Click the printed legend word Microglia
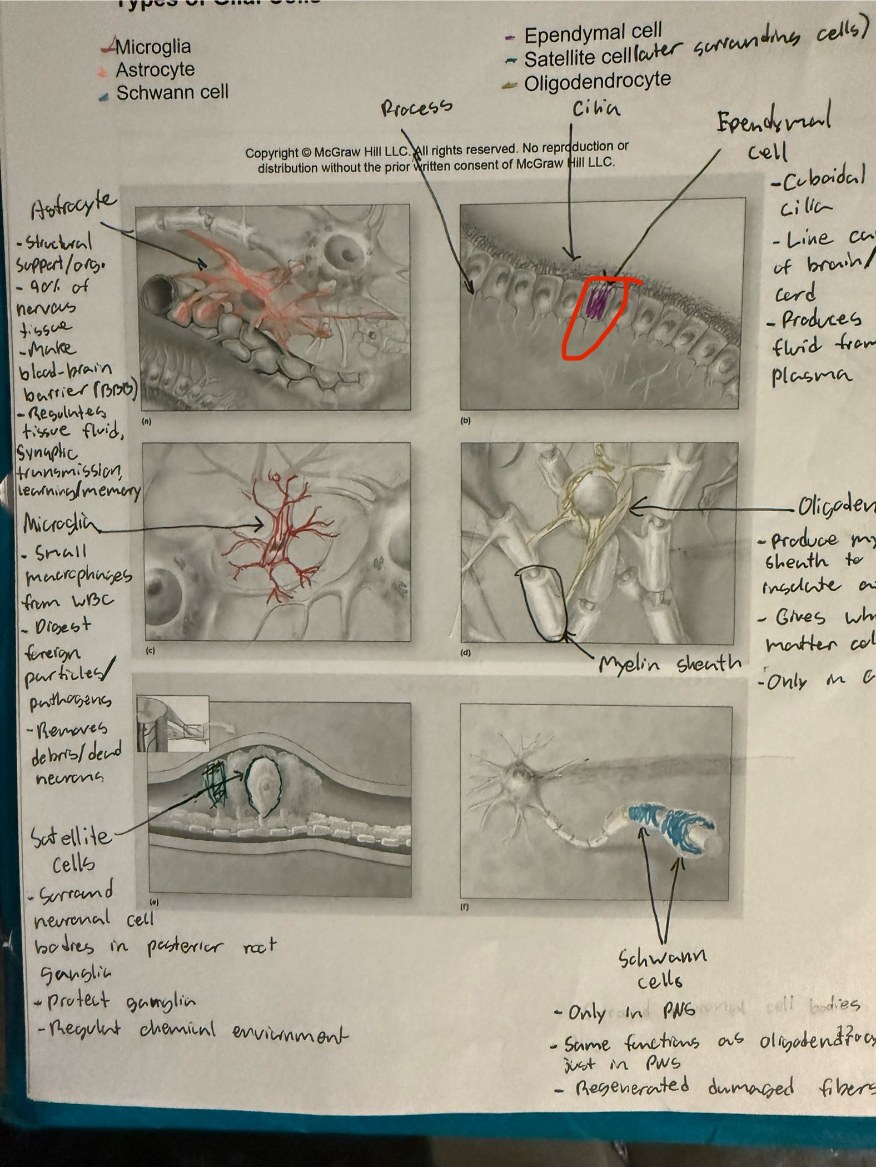(153, 47)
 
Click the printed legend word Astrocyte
(155, 70)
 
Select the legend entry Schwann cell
(172, 93)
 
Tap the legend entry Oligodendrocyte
(597, 82)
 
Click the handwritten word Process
(416, 107)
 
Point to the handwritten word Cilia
(596, 109)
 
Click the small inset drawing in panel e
(173, 724)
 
